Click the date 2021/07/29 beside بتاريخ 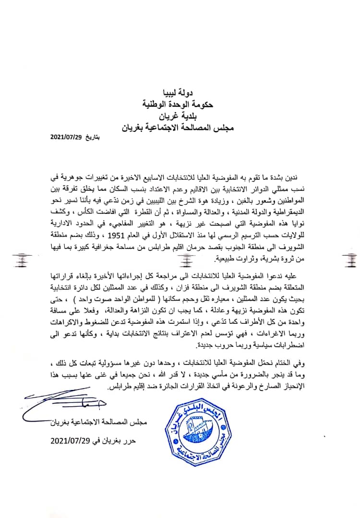coord(67,137)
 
